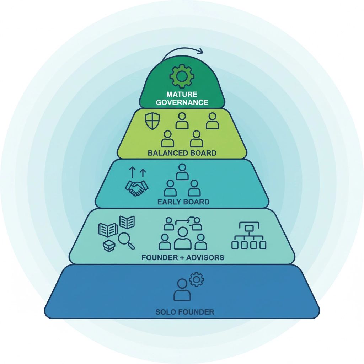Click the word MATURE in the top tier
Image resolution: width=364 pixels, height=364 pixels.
[x=182, y=95]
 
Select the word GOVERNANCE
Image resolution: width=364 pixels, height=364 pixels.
[x=182, y=102]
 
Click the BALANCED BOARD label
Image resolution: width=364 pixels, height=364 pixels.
[x=182, y=153]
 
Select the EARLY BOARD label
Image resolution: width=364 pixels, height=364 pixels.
[x=183, y=202]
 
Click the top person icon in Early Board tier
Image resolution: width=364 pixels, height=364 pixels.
[x=182, y=172]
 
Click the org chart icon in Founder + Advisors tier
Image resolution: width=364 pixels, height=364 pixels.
[x=248, y=236]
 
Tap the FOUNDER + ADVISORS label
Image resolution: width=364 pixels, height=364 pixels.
[x=183, y=257]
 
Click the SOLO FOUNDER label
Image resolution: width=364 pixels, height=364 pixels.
[x=185, y=312]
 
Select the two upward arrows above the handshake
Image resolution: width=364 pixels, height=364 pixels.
[x=137, y=173]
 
